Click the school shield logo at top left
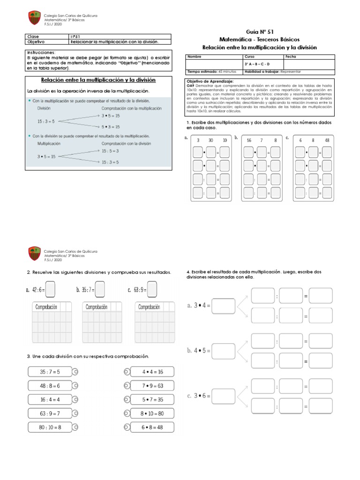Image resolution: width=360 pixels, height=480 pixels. click(34, 18)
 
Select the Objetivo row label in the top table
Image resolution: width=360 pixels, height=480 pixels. click(36, 42)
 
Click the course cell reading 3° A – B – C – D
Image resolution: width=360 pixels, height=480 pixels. click(257, 64)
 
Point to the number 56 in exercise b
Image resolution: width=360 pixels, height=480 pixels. click(249, 140)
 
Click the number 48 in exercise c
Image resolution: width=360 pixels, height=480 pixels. click(327, 140)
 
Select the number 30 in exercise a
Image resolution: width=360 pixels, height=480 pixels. click(211, 140)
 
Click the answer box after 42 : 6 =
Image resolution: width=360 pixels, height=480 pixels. click(51, 289)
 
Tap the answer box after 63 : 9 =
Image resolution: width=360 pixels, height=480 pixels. click(151, 289)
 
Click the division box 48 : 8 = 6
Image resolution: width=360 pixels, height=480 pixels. click(50, 385)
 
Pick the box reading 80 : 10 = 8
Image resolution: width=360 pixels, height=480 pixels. click(50, 427)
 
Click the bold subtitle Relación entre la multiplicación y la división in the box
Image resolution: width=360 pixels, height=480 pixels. click(98, 80)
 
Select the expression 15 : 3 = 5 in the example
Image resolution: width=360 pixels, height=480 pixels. click(110, 162)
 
